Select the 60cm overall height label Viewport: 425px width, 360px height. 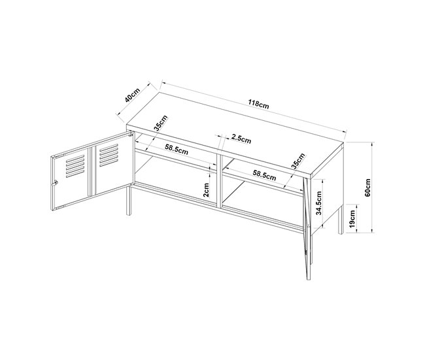pos(367,188)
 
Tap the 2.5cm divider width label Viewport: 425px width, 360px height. pos(241,139)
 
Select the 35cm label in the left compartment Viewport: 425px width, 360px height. pos(161,123)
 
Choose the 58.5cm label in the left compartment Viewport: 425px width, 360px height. pos(177,150)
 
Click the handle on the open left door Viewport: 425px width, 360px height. pos(56,183)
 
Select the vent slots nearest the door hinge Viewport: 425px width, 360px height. pos(109,155)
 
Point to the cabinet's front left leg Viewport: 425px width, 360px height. pos(127,199)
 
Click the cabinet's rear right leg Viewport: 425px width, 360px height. pos(338,222)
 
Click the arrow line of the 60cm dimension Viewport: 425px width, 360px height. pos(373,188)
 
